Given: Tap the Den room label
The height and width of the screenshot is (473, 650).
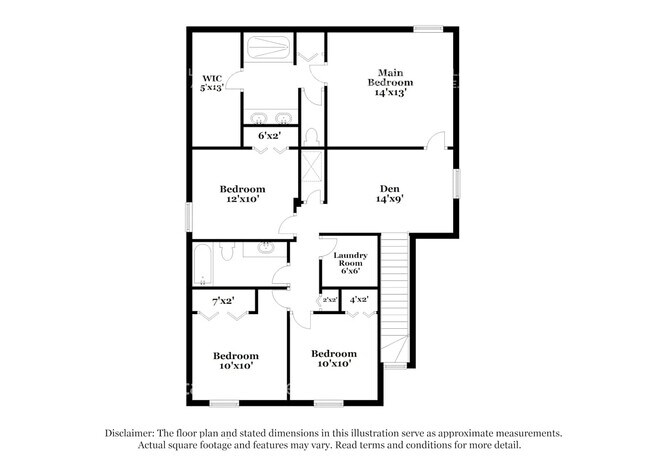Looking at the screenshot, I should [390, 192].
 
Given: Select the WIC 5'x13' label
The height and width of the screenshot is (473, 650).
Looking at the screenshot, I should [213, 82].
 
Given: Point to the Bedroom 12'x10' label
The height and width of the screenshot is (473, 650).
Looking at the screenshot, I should [242, 193].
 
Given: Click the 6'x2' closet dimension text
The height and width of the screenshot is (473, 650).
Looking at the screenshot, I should [269, 136].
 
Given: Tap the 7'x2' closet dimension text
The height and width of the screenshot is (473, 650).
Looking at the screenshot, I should [224, 301].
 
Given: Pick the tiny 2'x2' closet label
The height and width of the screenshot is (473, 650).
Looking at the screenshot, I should [330, 300].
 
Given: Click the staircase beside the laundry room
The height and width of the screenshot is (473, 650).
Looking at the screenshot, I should [397, 300].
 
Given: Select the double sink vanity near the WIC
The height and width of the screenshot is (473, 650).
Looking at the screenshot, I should [268, 113].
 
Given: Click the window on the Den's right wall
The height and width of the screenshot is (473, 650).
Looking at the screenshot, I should [458, 186].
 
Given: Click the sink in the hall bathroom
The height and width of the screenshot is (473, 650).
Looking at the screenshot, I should [267, 247].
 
